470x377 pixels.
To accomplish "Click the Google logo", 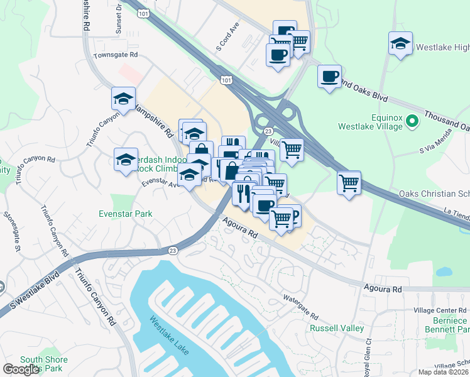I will coord(21,369).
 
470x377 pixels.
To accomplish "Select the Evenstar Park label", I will coord(126,214).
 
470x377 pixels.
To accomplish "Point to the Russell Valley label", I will coord(334,328).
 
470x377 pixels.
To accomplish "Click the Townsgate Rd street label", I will coord(115,55).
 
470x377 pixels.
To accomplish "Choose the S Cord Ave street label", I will coord(227,39).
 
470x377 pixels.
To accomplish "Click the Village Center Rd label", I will coord(441,311).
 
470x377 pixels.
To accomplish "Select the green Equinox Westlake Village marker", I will coord(413,120).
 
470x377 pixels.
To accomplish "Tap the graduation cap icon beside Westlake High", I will coord(400,44).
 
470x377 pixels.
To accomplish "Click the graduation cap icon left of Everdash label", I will coord(126,160).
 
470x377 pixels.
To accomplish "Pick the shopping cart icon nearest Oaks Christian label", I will coord(349,183).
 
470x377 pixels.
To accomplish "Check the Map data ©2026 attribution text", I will coord(443,372).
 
